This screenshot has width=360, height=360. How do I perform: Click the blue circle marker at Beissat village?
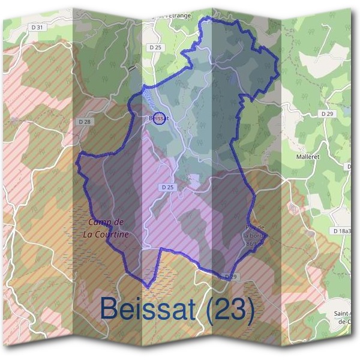(x=158, y=118)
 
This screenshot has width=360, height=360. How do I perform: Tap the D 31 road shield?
(x=37, y=28)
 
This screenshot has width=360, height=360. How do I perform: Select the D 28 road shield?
(x=85, y=121)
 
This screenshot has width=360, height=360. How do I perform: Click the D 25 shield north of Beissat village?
(x=155, y=47)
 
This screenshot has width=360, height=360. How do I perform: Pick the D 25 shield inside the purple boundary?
(x=167, y=187)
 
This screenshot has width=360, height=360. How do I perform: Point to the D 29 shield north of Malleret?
(x=327, y=113)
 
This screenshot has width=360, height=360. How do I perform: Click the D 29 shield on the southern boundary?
(x=230, y=277)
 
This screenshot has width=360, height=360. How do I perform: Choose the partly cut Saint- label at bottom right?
(x=347, y=314)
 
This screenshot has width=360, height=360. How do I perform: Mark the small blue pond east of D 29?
(x=347, y=111)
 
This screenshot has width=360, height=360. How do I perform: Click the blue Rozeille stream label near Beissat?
(x=148, y=100)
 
